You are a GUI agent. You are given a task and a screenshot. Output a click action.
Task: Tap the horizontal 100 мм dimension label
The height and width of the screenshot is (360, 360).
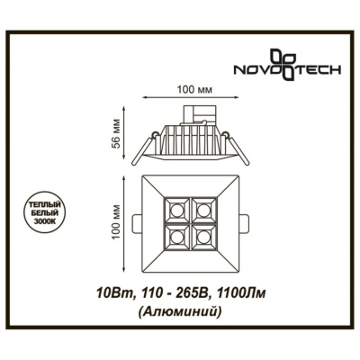coord(190,90)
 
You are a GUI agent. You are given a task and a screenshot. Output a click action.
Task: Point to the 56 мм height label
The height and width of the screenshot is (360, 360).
coord(117,134)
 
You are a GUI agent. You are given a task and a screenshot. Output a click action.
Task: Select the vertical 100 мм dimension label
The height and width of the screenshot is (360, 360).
coord(116,221)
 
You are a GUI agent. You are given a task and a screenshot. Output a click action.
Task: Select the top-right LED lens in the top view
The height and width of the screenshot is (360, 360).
coord(203,209)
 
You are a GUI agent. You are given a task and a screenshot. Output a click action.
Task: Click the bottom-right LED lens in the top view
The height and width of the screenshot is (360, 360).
coord(203,238)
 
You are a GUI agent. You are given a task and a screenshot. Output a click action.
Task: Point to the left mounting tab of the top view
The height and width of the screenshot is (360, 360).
coord(137,223)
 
